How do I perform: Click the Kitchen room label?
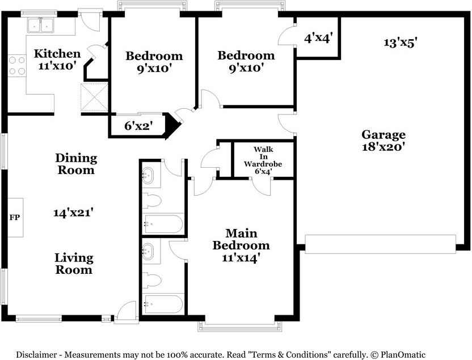click(57, 54)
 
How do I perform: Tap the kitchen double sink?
click(40, 25)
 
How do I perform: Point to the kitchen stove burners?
click(17, 66)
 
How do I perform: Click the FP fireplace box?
click(15, 218)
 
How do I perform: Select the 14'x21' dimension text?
click(73, 213)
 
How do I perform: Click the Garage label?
click(383, 135)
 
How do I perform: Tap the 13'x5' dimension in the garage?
click(401, 43)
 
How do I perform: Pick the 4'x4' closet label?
click(318, 38)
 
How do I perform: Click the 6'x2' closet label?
click(139, 126)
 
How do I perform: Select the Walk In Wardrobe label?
click(263, 160)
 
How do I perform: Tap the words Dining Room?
click(76, 164)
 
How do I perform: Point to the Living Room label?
click(74, 264)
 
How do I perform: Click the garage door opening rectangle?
click(381, 244)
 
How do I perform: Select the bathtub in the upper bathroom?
click(163, 224)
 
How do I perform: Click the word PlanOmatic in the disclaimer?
click(403, 355)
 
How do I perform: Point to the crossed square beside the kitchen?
click(94, 98)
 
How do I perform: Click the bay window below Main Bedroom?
click(240, 327)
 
